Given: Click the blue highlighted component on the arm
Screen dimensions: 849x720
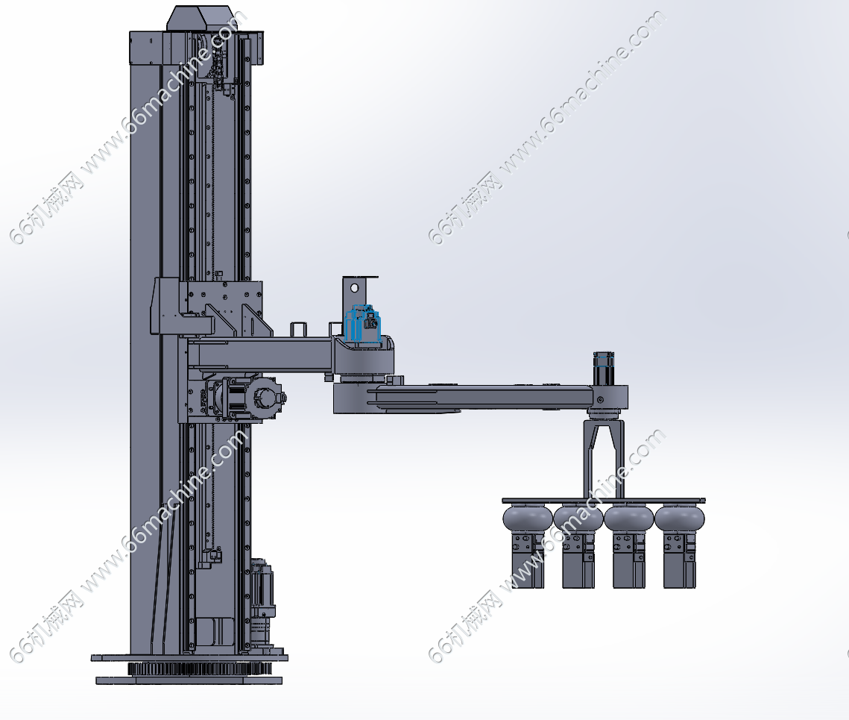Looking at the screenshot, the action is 362,324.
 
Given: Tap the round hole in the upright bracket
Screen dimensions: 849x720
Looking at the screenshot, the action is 354,287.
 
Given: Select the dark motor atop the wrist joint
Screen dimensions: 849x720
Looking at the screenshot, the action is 603,368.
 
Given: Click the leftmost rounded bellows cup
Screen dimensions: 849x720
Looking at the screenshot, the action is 528,518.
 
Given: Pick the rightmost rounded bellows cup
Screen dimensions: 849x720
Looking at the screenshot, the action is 680,518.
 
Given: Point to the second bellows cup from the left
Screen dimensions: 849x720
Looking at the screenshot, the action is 578,518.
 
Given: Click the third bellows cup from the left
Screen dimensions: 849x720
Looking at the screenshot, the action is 628,518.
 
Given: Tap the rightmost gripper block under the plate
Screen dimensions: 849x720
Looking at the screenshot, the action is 680,560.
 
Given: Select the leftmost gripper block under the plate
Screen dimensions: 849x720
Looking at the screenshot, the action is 528,560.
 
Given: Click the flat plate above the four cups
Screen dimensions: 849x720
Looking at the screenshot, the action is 604,501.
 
